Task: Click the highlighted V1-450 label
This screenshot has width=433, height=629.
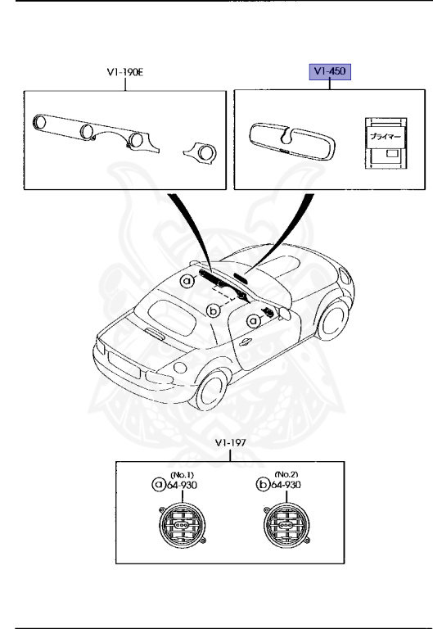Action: coord(328,72)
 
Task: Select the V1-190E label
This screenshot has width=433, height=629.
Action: coord(125,72)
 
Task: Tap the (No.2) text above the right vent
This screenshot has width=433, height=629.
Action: coord(285,474)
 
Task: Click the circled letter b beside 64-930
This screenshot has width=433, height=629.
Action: coord(264,485)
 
